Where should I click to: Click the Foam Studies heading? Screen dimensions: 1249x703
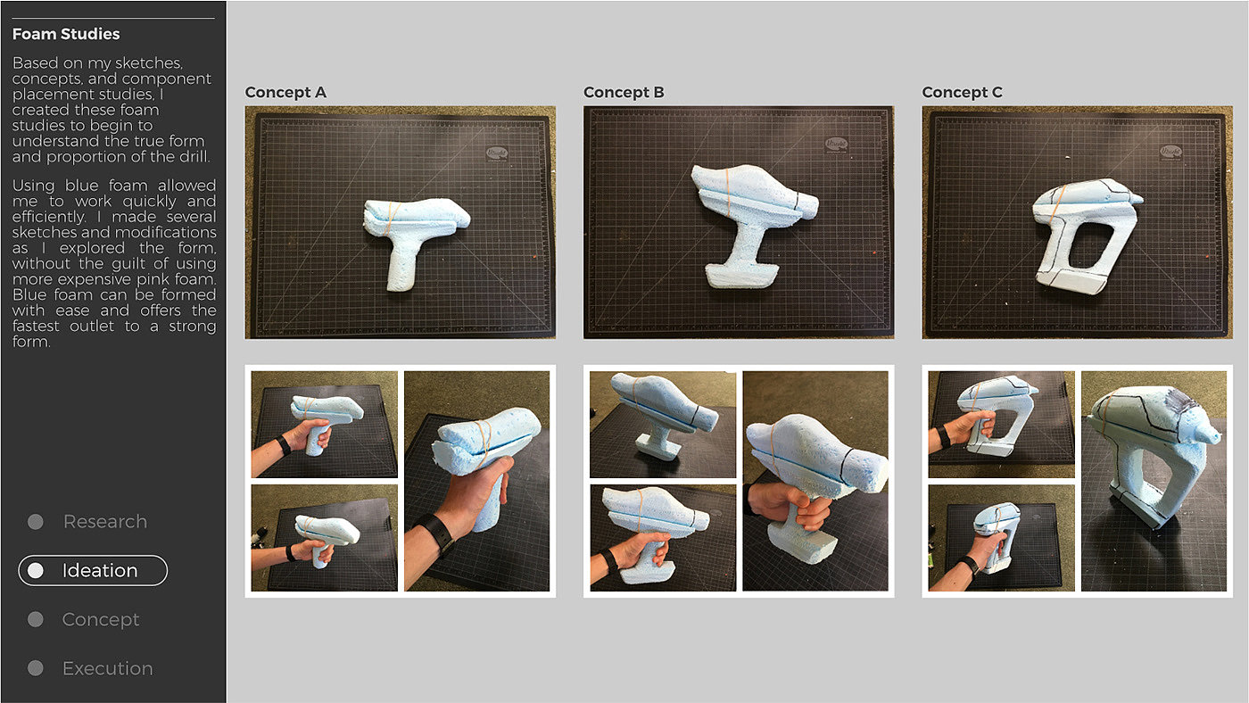[66, 34]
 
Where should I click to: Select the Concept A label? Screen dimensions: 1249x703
[285, 92]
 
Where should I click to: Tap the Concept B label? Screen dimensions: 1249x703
[624, 92]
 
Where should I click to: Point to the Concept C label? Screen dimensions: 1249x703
[963, 92]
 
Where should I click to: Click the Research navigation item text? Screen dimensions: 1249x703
[105, 521]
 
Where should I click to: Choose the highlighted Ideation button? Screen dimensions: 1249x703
[93, 570]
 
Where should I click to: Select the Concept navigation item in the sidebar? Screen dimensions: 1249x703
[100, 619]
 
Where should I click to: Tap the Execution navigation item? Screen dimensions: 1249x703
[108, 668]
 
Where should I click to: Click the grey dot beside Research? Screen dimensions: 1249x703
[36, 522]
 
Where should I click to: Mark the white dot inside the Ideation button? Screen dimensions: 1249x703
[36, 570]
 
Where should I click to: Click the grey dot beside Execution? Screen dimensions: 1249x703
[36, 668]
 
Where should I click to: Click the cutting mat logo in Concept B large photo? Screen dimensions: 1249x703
[836, 145]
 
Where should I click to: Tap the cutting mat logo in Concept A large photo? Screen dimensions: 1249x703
[497, 153]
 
